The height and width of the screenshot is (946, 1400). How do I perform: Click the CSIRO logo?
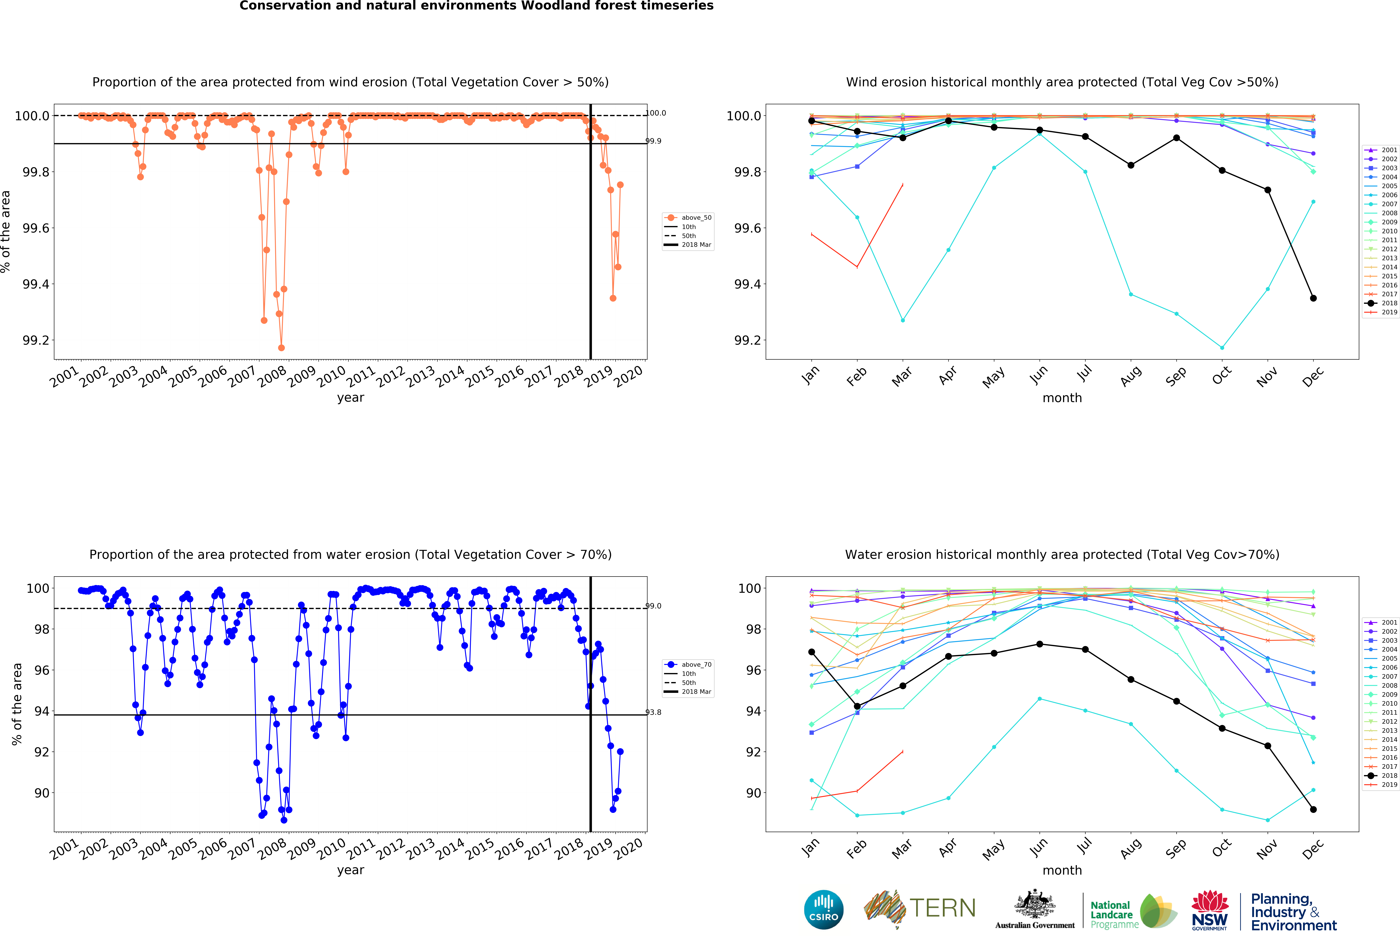pos(823,909)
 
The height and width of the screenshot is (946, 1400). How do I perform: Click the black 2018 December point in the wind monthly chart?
pos(1313,298)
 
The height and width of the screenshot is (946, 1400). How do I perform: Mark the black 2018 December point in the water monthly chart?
pos(1313,809)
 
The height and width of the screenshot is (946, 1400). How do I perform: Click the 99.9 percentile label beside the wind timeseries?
pos(654,141)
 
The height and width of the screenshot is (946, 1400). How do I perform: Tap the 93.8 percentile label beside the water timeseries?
pos(654,712)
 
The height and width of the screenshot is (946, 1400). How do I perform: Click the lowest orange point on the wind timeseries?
pos(281,348)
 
